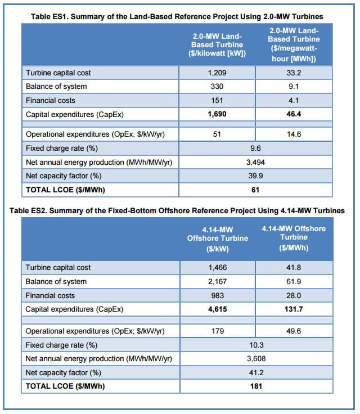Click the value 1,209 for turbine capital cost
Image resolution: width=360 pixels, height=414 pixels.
click(217, 73)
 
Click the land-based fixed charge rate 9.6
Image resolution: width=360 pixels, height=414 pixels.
click(255, 148)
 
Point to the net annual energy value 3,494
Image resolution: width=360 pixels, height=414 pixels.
click(255, 163)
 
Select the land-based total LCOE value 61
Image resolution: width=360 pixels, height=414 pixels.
click(255, 190)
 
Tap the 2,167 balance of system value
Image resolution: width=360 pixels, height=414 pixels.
click(217, 281)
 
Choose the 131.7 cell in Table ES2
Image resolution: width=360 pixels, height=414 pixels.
click(294, 309)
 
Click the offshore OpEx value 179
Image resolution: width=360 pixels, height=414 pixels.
click(217, 331)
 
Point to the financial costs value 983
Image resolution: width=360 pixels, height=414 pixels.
click(217, 295)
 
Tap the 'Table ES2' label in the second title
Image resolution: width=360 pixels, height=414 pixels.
click(31, 210)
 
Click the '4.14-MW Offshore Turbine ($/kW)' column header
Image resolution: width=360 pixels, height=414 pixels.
click(217, 238)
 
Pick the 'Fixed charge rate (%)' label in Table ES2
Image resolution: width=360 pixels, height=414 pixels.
click(61, 345)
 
